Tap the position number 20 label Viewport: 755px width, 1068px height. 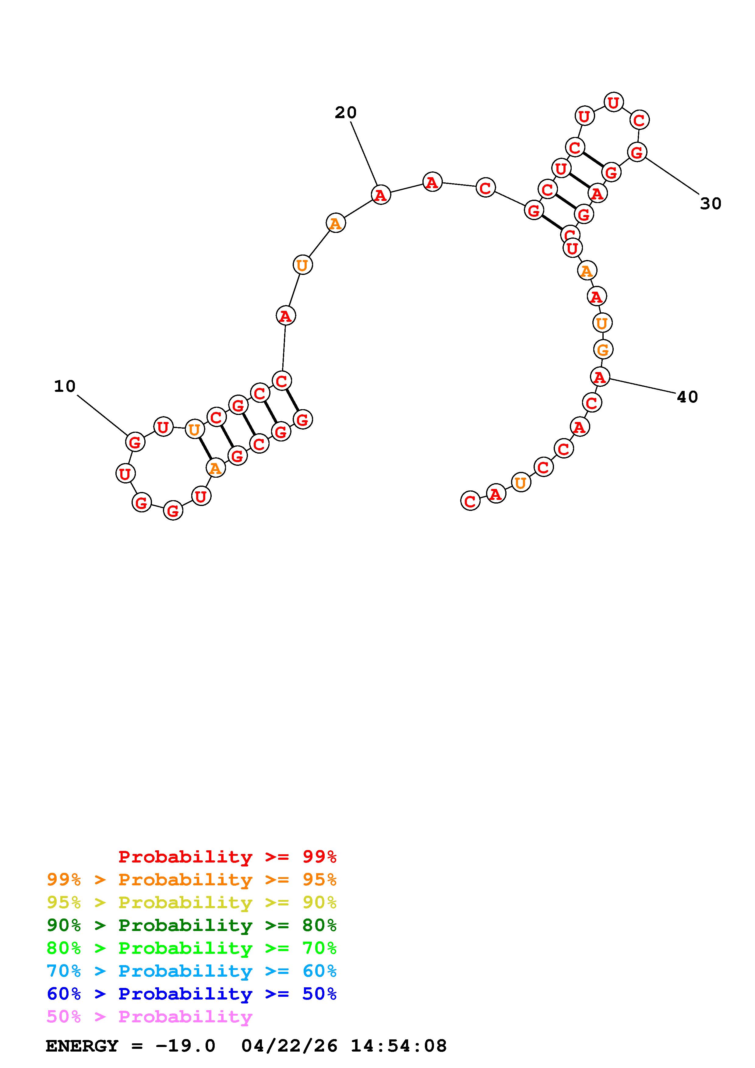click(346, 113)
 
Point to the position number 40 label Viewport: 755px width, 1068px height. click(688, 397)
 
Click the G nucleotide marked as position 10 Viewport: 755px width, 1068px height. click(135, 442)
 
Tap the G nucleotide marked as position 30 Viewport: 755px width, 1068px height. click(637, 152)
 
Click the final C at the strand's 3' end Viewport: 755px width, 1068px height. click(470, 501)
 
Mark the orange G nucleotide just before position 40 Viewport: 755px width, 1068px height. click(603, 349)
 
